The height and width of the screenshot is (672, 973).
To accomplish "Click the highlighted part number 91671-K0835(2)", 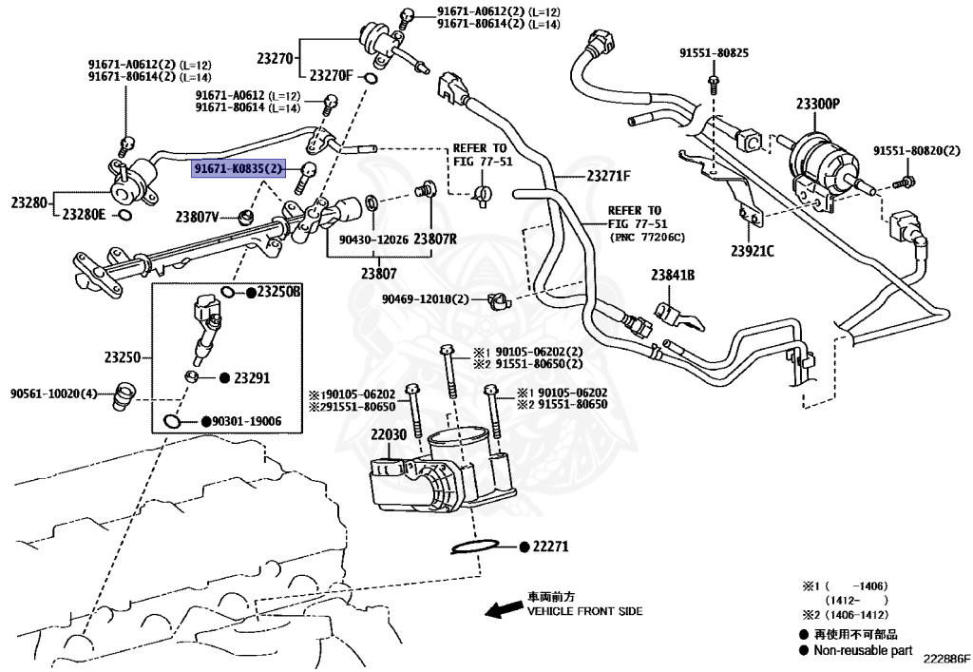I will (x=238, y=169).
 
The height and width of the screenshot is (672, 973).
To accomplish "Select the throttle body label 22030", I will (x=389, y=434).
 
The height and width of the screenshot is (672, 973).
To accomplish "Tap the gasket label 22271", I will (x=549, y=547).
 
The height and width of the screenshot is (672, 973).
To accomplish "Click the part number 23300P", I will (x=818, y=104).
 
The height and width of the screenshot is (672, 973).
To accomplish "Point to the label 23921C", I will (x=753, y=251).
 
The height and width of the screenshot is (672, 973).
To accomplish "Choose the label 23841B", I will (x=673, y=276).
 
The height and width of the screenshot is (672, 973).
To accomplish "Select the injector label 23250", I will (x=123, y=358).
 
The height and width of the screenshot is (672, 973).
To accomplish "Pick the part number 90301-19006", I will (x=246, y=421).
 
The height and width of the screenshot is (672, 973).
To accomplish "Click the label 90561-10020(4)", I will (x=54, y=393).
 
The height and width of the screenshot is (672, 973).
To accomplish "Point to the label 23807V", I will (x=197, y=217).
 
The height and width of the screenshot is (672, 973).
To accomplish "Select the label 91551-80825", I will (x=714, y=52).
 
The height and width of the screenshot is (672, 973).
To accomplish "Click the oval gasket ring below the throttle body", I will (x=473, y=548).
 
